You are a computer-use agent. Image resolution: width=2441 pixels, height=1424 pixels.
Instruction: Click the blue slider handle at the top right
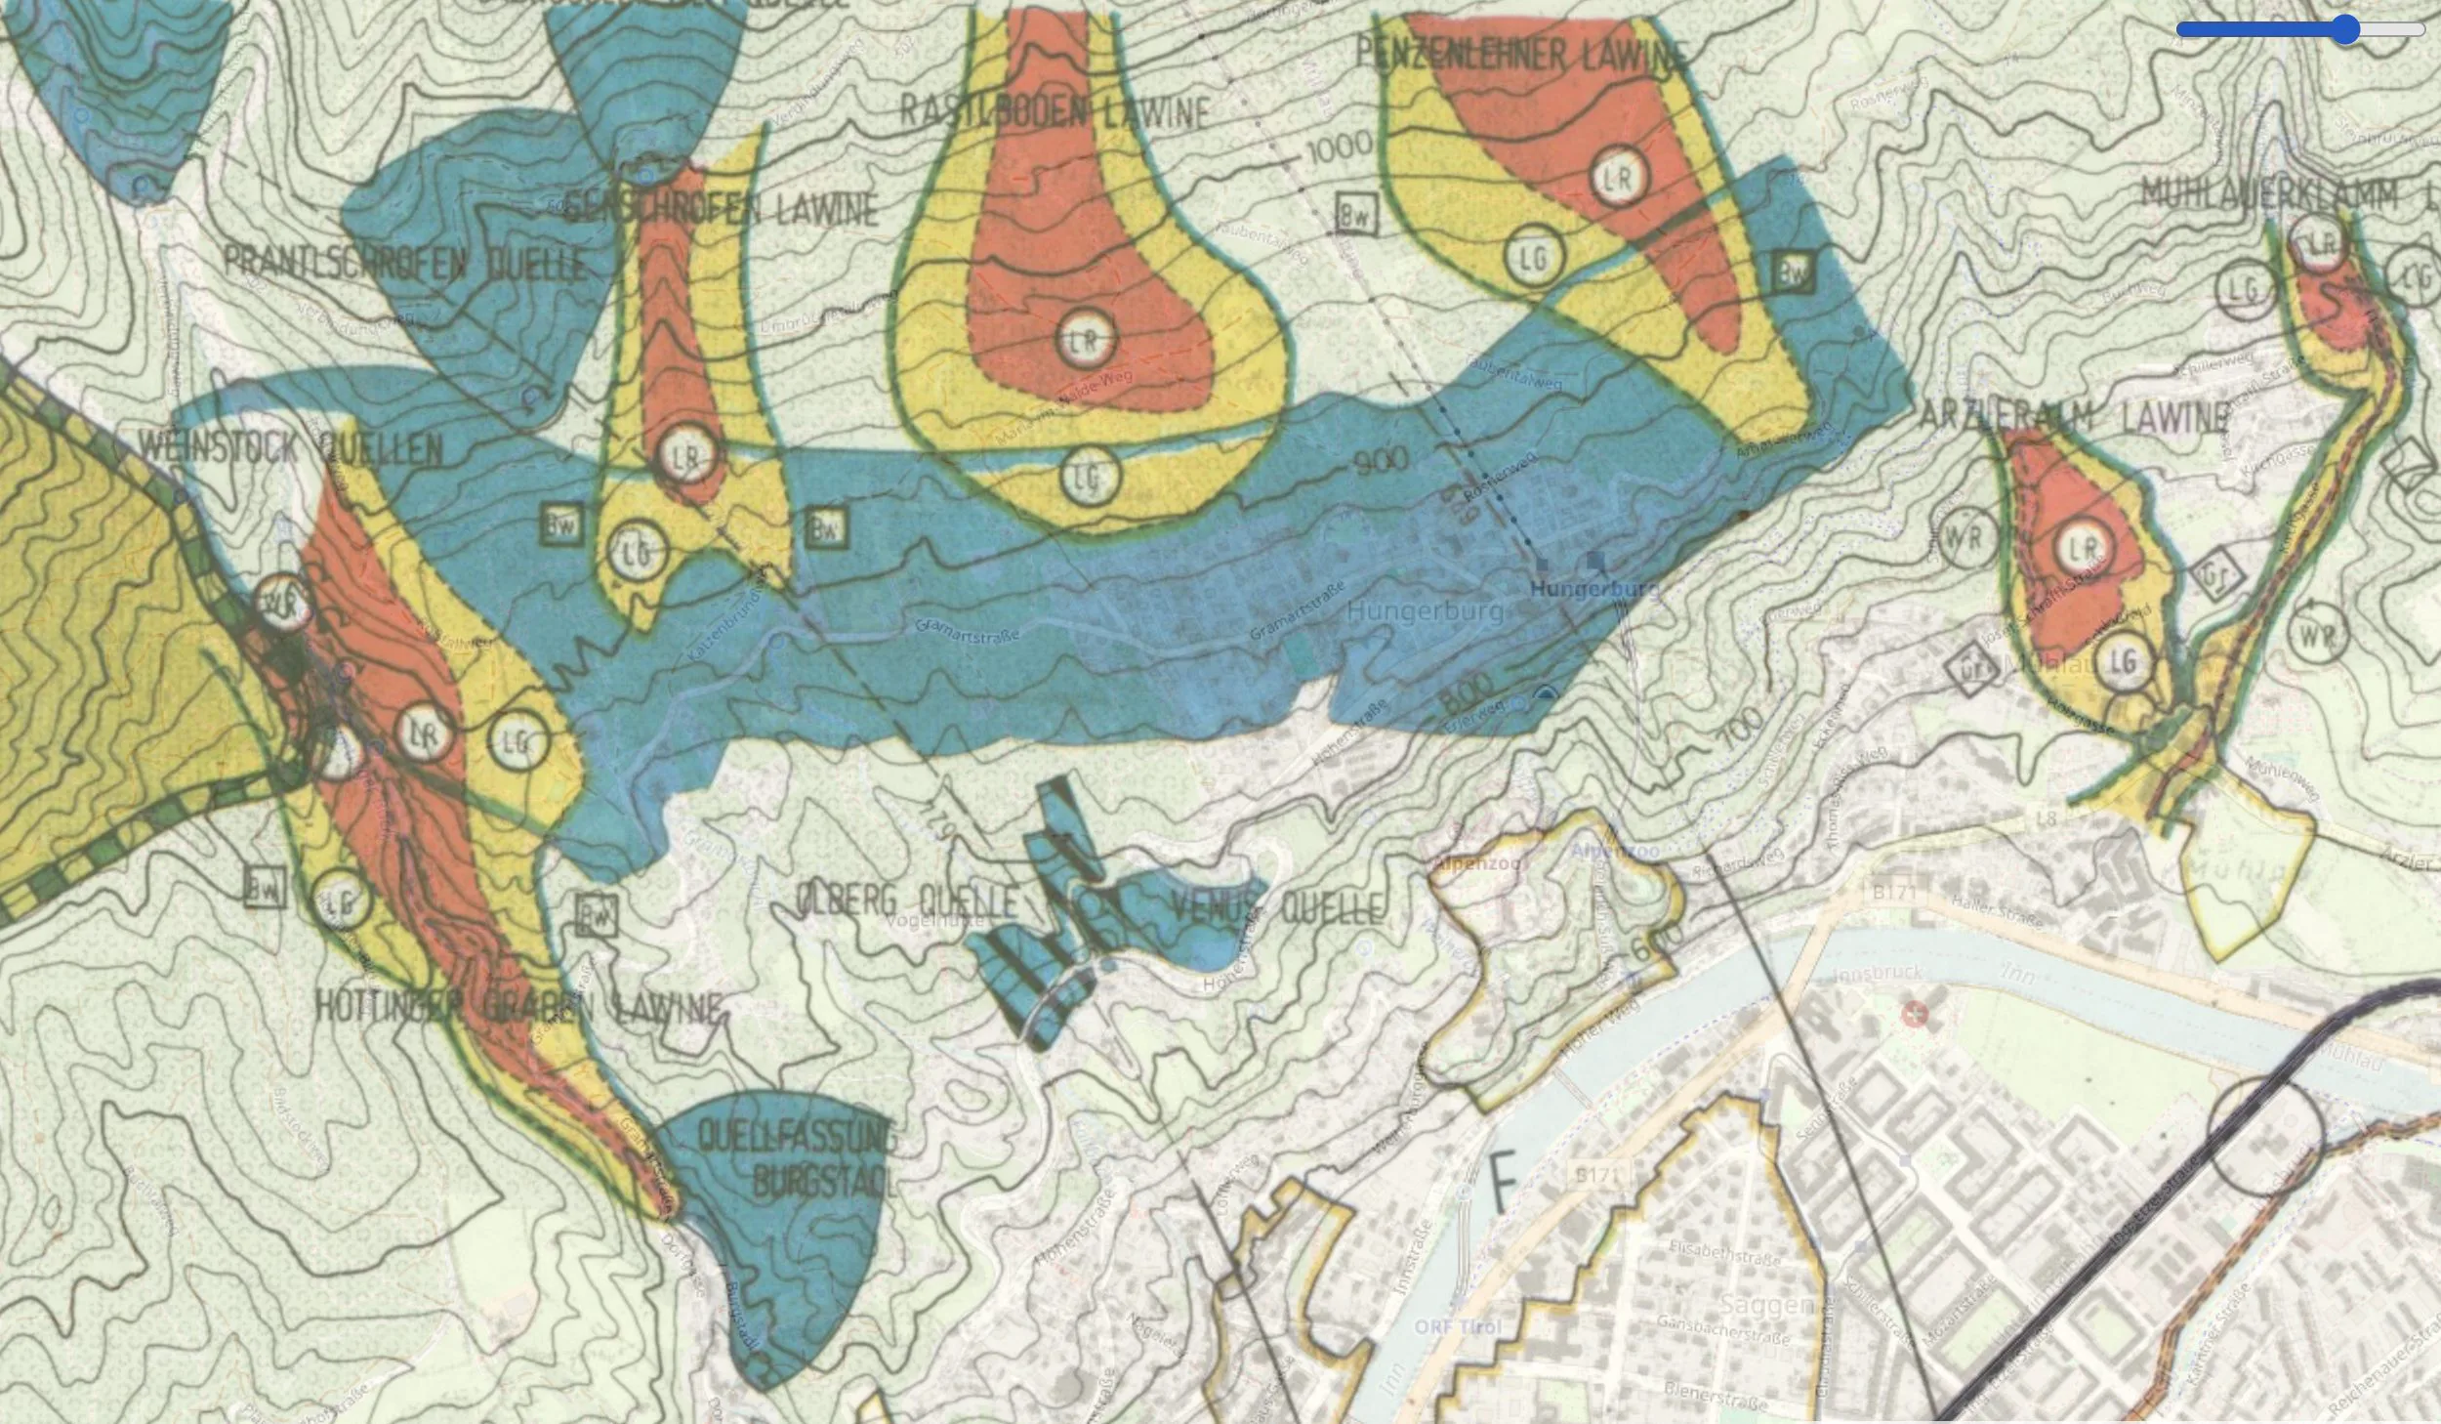point(2345,30)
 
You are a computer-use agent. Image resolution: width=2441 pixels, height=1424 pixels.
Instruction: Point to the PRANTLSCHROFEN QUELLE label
point(406,263)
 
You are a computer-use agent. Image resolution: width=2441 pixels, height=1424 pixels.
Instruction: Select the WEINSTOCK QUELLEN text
point(290,448)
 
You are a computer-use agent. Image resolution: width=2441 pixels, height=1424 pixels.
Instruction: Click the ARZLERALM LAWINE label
point(2074,416)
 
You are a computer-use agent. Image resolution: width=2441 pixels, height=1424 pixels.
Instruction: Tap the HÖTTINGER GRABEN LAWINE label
point(519,1007)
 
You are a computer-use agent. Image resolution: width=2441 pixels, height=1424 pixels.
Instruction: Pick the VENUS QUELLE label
point(1277,908)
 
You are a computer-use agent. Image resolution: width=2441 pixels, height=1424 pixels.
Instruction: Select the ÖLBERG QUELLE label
point(906,900)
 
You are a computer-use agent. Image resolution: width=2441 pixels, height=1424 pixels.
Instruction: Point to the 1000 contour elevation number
point(1338,148)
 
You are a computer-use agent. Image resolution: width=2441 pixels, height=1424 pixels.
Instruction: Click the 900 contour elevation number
point(1380,460)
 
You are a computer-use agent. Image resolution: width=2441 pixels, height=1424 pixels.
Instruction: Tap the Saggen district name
point(1765,1304)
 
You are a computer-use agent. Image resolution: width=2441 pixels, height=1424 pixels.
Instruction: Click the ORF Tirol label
point(1459,1326)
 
